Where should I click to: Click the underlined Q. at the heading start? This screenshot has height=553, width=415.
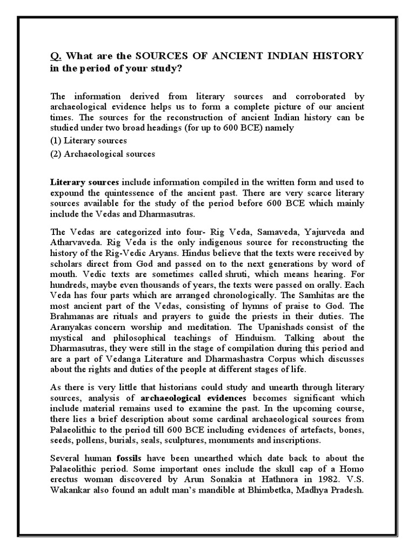[56, 56]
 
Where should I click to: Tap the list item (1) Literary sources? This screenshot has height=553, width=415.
[89, 140]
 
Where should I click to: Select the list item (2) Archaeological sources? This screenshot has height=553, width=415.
[103, 154]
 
